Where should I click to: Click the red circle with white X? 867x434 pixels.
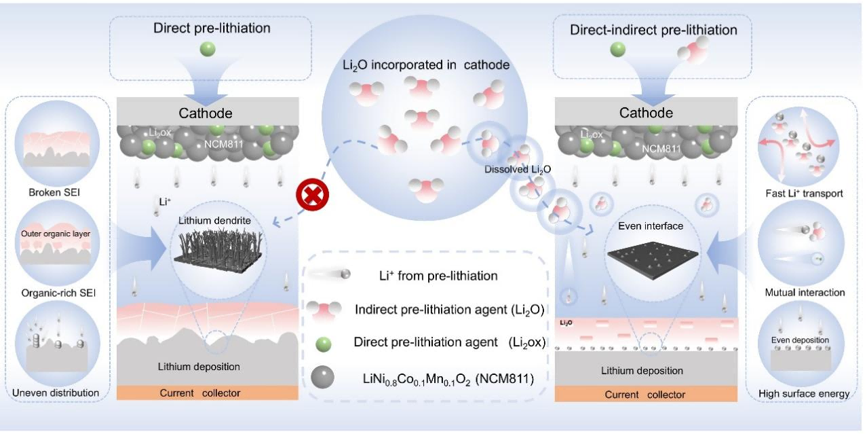point(312,194)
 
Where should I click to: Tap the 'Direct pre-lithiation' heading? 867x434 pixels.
point(212,28)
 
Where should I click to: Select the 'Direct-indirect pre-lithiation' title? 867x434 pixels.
point(653,30)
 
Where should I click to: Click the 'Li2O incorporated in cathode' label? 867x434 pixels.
point(426,65)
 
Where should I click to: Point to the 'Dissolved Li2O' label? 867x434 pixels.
point(518,169)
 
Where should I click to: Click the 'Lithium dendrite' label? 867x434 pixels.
point(214,221)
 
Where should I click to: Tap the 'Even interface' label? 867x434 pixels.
point(651,226)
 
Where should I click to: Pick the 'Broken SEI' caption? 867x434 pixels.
point(54,193)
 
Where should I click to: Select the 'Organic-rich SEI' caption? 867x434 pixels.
point(58,293)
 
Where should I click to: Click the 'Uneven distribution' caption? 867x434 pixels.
point(56,393)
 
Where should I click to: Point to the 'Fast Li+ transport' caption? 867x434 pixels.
point(804,194)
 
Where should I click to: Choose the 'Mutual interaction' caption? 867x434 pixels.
point(805,293)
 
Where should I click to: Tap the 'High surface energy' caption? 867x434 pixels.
point(803,394)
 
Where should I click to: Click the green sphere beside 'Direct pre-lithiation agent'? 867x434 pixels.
point(324,344)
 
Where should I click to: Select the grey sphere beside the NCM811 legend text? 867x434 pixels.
point(322,377)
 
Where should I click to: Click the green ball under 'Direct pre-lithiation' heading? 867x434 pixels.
point(208,49)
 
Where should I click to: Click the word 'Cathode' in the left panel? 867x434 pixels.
point(206,113)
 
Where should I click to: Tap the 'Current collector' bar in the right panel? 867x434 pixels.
point(646,394)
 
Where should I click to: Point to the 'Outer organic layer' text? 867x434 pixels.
point(56,234)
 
